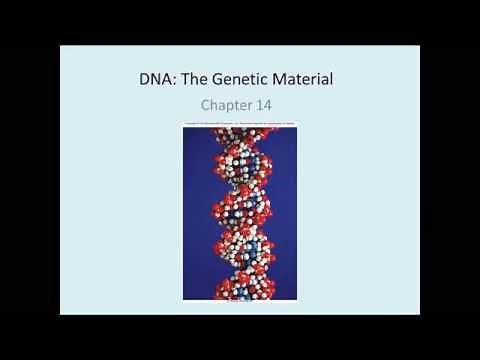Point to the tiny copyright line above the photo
tap(240, 124)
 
